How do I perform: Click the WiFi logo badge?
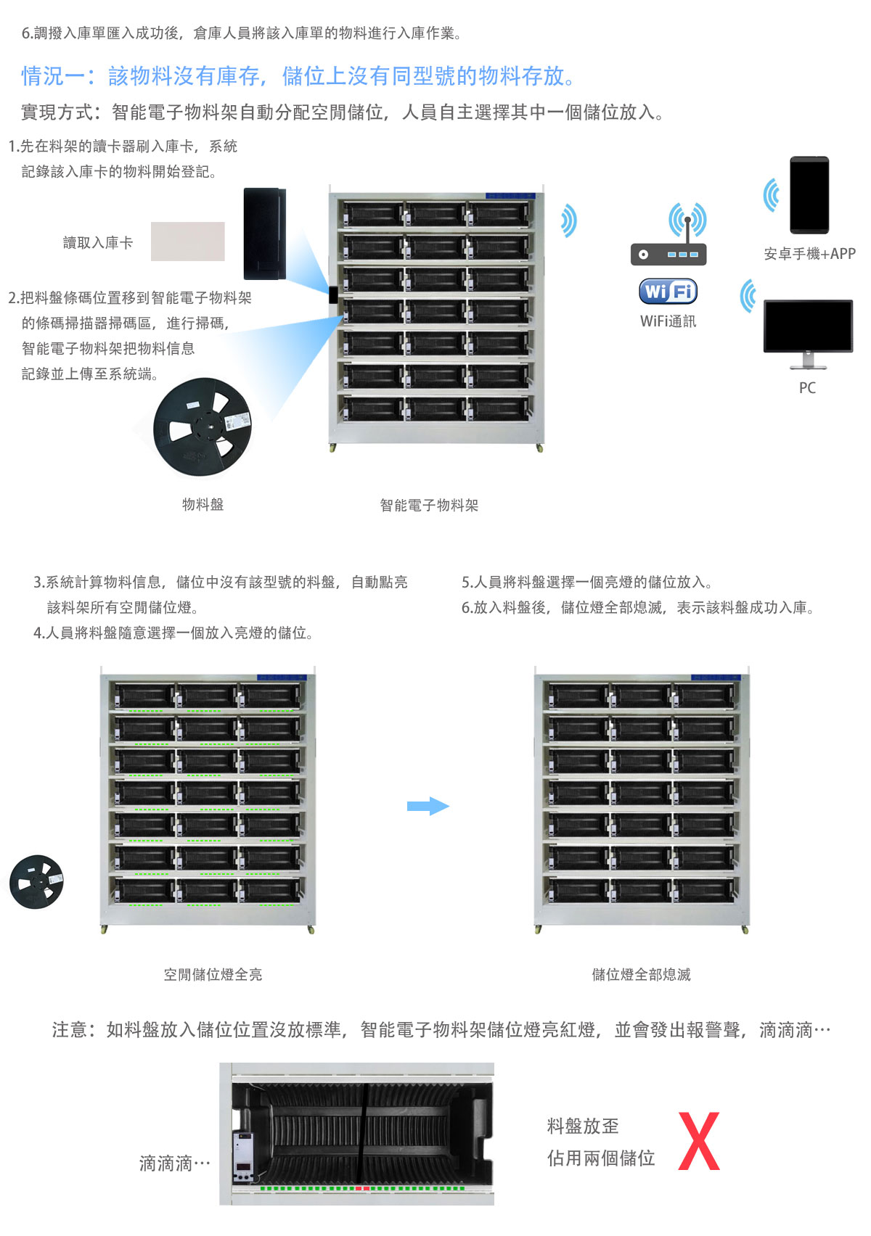click(668, 292)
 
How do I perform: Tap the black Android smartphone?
click(809, 194)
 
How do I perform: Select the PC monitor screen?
click(808, 326)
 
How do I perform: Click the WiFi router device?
click(668, 254)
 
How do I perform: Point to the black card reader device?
click(264, 234)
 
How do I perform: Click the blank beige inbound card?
click(188, 242)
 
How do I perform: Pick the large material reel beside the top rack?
click(203, 427)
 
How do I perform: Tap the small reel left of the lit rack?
click(36, 882)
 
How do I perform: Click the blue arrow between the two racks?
click(428, 806)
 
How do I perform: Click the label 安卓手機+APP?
click(809, 254)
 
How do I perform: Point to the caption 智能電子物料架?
click(429, 506)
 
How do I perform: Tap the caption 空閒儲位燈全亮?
click(213, 975)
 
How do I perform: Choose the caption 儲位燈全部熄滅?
click(641, 975)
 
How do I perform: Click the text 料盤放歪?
click(583, 1126)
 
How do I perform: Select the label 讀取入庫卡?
click(98, 243)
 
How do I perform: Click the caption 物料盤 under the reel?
click(203, 505)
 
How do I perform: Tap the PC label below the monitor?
click(807, 388)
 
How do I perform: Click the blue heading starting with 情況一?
click(298, 76)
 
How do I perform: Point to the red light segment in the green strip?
click(363, 1189)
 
